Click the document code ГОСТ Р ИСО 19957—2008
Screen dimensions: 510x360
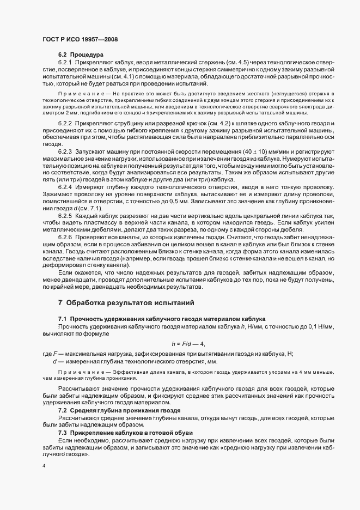point(80,40)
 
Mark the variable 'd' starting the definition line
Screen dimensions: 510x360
point(54,361)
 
